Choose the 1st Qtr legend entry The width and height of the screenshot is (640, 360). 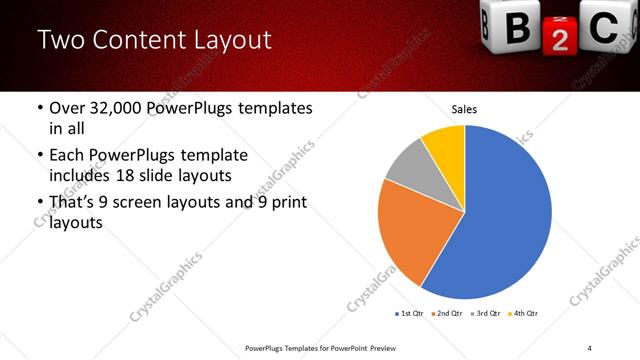pyautogui.click(x=410, y=314)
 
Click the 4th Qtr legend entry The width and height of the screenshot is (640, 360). pyautogui.click(x=526, y=314)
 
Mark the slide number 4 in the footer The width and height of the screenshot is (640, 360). pyautogui.click(x=589, y=346)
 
